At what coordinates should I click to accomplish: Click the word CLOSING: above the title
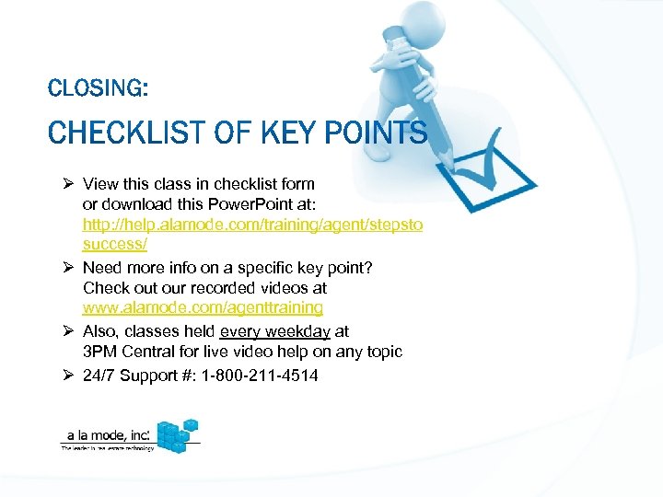tap(97, 88)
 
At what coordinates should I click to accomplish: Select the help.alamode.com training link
tap(252, 225)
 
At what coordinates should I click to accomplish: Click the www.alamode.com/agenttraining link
tap(203, 307)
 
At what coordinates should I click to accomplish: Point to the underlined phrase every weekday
tap(274, 330)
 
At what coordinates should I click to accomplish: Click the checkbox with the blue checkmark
tap(497, 173)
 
